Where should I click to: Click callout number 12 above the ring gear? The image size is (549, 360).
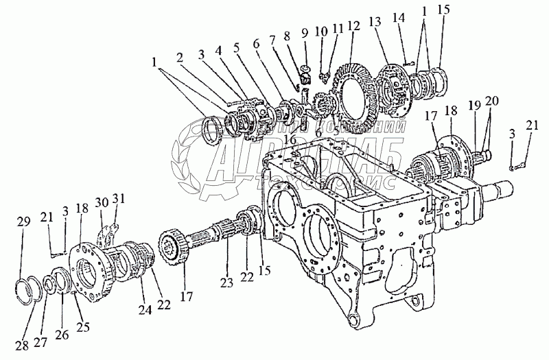[x=353, y=26]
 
